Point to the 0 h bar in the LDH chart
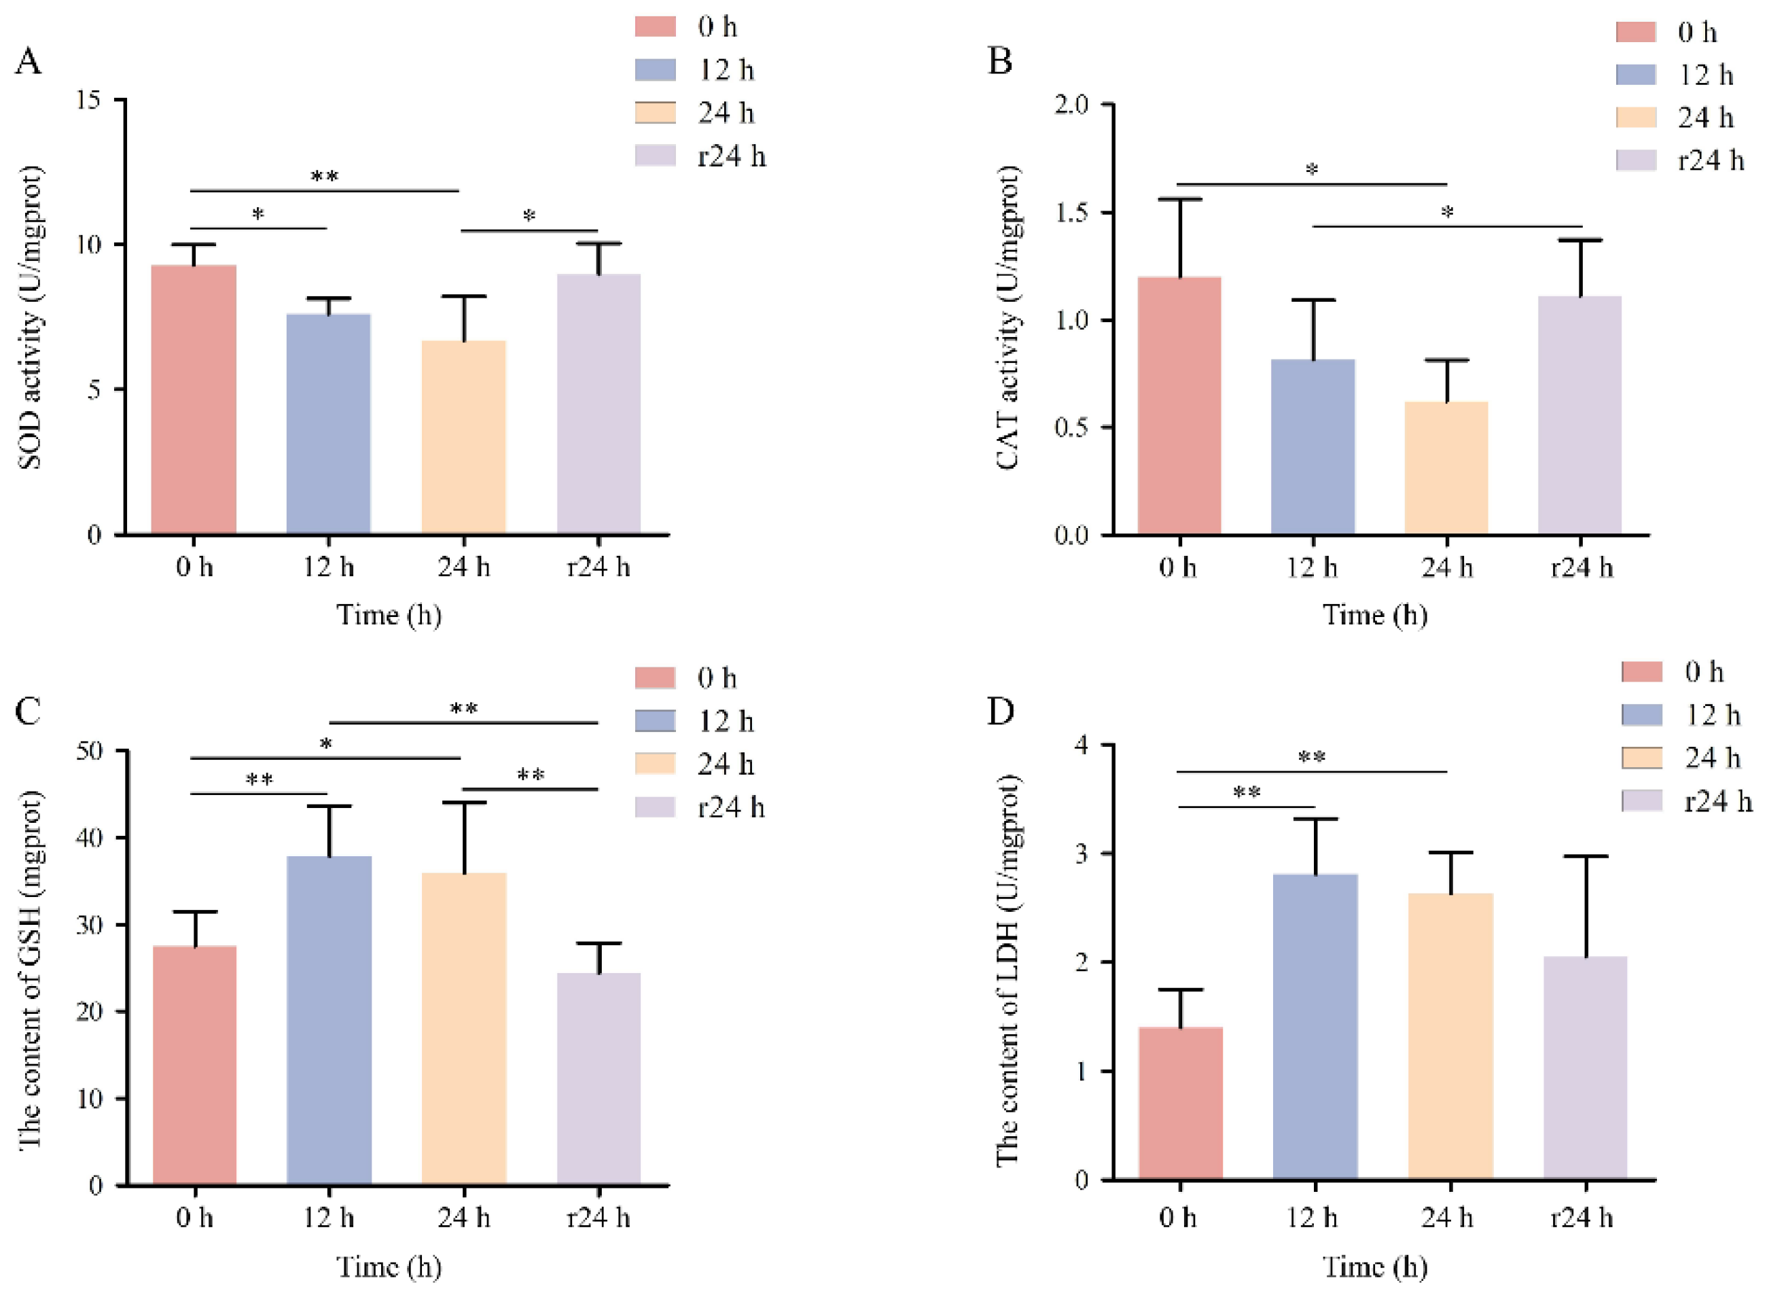[x=1180, y=1104]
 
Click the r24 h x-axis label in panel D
[x=1581, y=1218]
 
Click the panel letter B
[x=1000, y=60]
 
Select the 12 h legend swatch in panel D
[x=1642, y=715]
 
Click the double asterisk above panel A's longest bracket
[x=324, y=177]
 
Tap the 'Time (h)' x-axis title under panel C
[x=389, y=1267]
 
